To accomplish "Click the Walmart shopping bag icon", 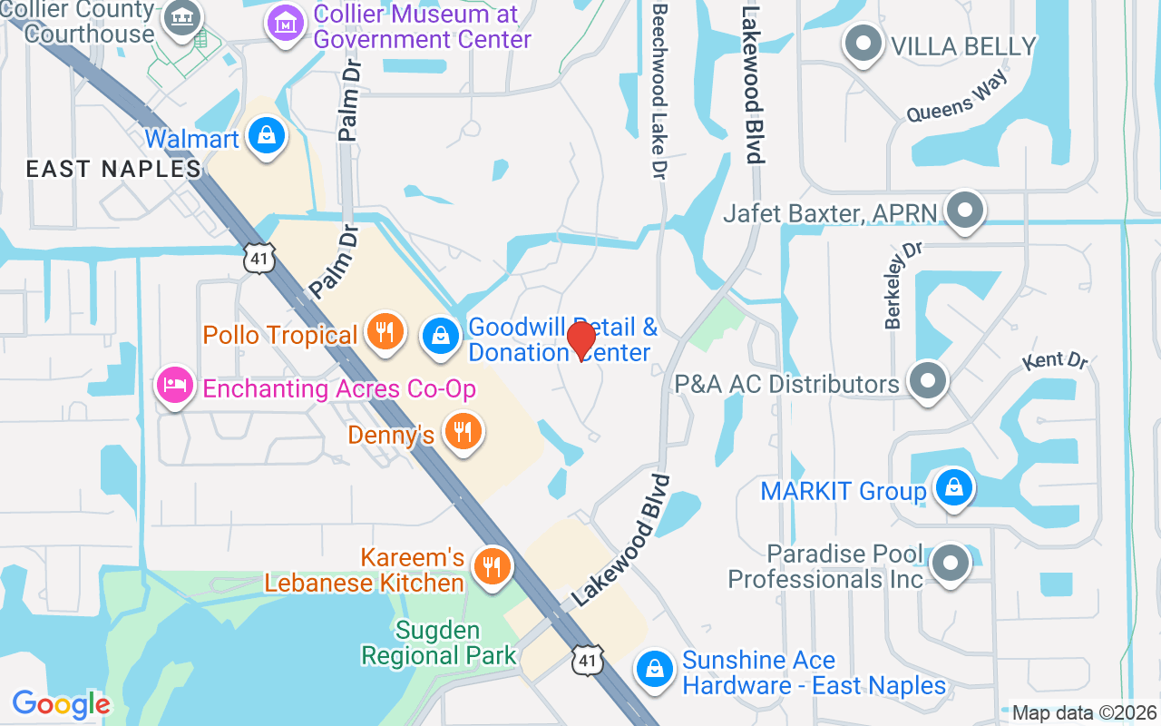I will (266, 137).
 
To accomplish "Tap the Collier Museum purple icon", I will (287, 23).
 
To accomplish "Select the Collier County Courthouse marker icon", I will (182, 18).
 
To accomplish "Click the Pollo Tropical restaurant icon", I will (385, 330).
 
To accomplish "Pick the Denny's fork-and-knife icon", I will (463, 432).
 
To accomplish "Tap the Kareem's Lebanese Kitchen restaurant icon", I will (493, 567).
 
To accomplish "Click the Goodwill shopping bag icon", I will (441, 337).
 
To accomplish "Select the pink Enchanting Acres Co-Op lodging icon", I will (174, 386).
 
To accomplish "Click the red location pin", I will (580, 341).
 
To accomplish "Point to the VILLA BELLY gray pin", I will (863, 44).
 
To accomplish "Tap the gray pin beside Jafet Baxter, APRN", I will (964, 211).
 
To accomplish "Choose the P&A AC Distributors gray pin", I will (927, 382).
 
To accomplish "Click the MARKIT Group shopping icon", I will (953, 488).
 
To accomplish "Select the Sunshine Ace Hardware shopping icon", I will (654, 671).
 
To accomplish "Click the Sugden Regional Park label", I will (439, 643).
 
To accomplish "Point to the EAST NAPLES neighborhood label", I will (113, 169).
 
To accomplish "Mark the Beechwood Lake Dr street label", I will (659, 89).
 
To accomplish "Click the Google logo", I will (61, 704).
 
